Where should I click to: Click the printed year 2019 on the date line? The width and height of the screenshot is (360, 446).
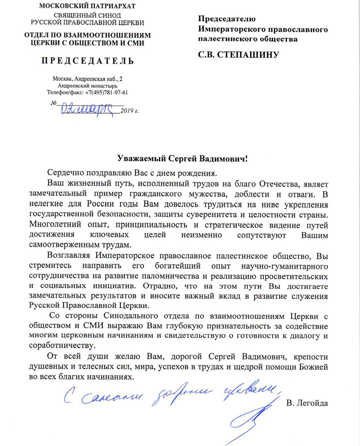[127, 110]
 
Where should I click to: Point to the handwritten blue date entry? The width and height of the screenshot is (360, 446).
[89, 108]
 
